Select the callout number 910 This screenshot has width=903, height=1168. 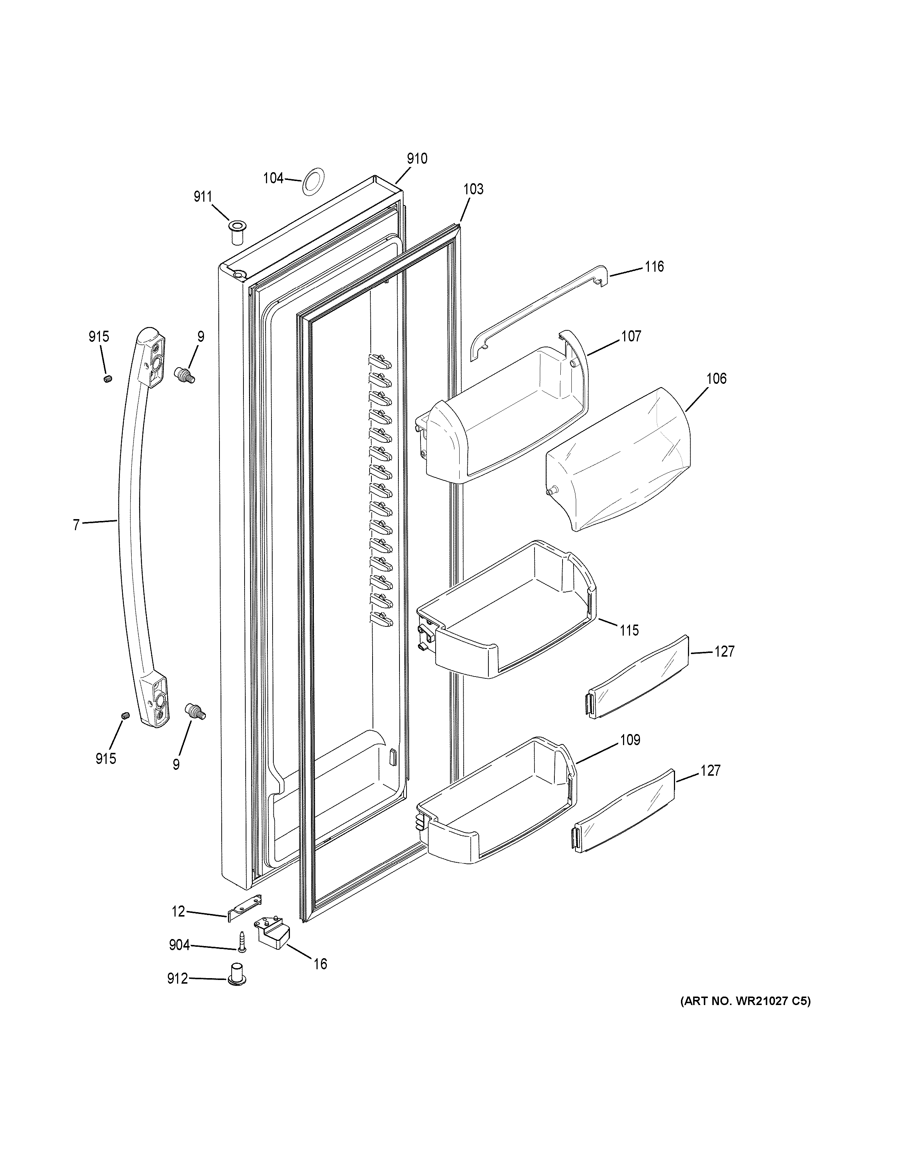pos(417,158)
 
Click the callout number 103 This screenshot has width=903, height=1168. pos(473,189)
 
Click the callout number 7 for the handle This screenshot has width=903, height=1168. pos(76,525)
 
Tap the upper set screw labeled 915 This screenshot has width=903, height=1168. pos(107,379)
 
